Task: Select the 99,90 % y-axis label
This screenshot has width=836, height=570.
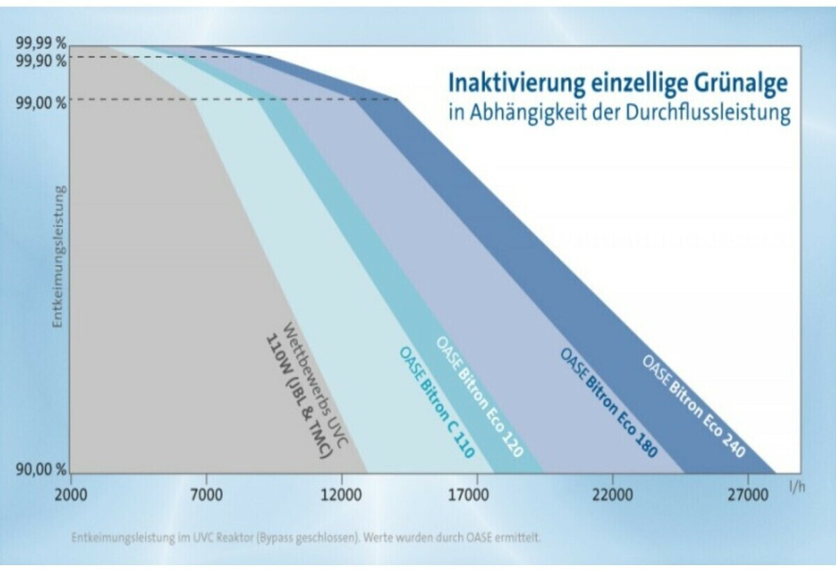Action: pyautogui.click(x=41, y=61)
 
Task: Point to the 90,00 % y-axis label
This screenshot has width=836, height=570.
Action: pyautogui.click(x=41, y=468)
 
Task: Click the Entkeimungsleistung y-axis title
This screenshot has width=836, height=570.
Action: pyautogui.click(x=61, y=257)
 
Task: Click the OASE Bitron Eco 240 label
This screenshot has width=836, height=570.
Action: pyautogui.click(x=693, y=406)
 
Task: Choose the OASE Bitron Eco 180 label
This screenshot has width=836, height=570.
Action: pyautogui.click(x=608, y=402)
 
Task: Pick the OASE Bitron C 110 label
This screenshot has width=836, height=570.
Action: pyautogui.click(x=437, y=402)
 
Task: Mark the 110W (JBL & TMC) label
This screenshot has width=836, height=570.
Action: pyautogui.click(x=297, y=397)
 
